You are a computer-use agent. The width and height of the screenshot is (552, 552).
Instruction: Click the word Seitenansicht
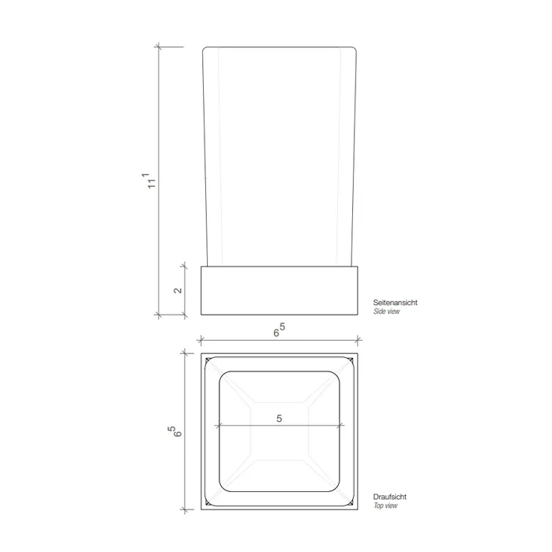tap(395, 302)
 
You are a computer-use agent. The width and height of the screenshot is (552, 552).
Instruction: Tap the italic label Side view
tap(387, 311)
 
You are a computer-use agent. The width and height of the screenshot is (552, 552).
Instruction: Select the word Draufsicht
tap(390, 497)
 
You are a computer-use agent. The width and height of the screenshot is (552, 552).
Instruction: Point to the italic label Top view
tap(385, 505)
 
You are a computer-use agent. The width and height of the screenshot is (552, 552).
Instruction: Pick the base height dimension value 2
tap(178, 290)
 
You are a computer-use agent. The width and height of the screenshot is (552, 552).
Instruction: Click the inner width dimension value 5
tap(280, 419)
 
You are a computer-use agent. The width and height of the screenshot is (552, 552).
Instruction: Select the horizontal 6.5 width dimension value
tap(280, 330)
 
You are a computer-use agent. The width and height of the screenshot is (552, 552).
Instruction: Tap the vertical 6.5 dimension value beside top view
tap(175, 431)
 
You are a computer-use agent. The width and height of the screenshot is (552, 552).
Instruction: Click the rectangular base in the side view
tap(280, 290)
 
